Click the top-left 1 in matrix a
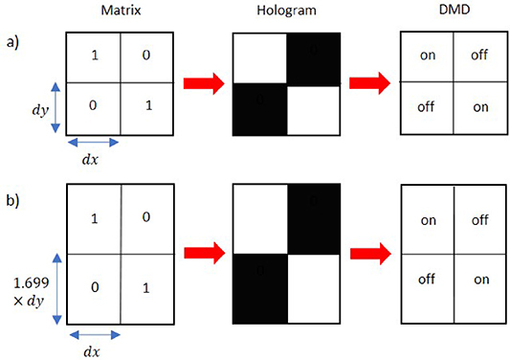click(x=94, y=57)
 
